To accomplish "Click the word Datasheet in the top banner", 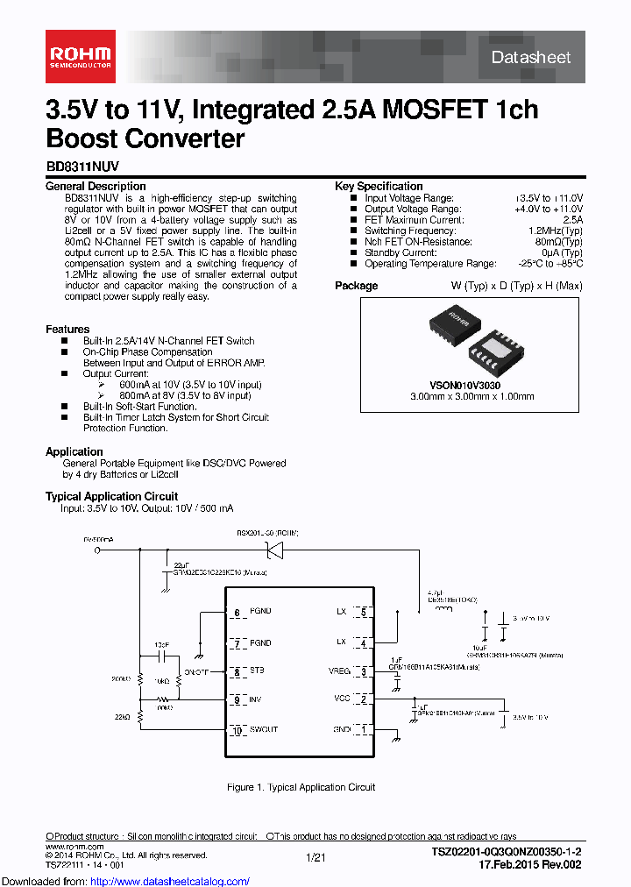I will (x=531, y=58).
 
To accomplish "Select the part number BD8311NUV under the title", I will (x=82, y=165).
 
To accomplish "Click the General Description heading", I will (x=96, y=187).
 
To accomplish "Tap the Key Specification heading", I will (x=379, y=187).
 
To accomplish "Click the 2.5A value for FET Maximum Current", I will (x=570, y=221).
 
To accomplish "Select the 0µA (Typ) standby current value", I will (x=559, y=252).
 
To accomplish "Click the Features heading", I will (x=67, y=330).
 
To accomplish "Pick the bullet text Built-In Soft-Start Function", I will (x=139, y=407).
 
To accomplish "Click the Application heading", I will (x=74, y=452).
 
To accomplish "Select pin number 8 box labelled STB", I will (x=236, y=672).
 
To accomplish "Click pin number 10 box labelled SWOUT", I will (x=236, y=730).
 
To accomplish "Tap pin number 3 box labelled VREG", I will (x=363, y=671).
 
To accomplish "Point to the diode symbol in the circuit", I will (x=273, y=550).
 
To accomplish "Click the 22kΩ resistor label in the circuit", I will (x=122, y=716).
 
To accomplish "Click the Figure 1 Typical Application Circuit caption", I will (x=301, y=787).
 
